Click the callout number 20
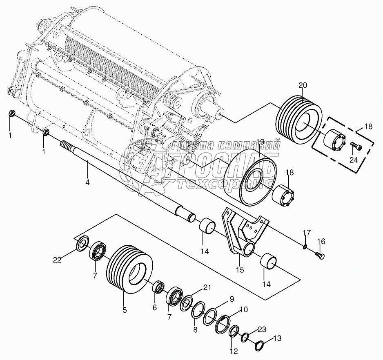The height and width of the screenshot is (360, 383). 302,85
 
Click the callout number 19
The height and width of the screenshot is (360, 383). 261,142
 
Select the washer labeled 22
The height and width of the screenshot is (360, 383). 82,244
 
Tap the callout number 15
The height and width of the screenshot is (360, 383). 239,269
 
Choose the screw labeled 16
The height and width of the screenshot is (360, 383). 321,256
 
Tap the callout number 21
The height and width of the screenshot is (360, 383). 207,288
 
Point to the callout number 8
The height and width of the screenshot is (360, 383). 195,329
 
